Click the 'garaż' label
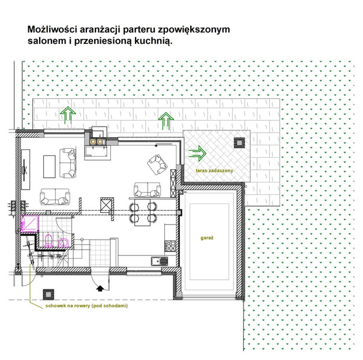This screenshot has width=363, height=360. point(207,238)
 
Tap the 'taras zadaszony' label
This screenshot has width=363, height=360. point(214,170)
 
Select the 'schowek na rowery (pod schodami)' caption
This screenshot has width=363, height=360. point(86,305)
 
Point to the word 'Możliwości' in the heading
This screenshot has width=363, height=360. point(53,29)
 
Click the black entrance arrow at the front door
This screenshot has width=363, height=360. point(100,288)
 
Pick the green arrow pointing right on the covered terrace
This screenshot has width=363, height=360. point(197,153)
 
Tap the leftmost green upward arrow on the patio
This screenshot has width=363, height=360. point(68,115)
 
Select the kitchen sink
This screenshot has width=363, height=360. point(160,262)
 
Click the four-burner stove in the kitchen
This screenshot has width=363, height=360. point(170,245)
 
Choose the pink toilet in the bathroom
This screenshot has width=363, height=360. point(49,241)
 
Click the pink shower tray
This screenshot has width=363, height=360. point(29,223)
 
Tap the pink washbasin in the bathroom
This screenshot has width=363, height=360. point(63,242)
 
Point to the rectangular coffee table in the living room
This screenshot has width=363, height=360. point(49,167)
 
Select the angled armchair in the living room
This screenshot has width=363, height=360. point(157,164)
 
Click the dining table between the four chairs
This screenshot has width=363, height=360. point(142,212)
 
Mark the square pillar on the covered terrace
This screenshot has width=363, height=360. point(239,143)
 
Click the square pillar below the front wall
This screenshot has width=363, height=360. point(49,295)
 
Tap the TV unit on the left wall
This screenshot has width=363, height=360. point(25,170)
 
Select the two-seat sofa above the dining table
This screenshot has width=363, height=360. point(147,190)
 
